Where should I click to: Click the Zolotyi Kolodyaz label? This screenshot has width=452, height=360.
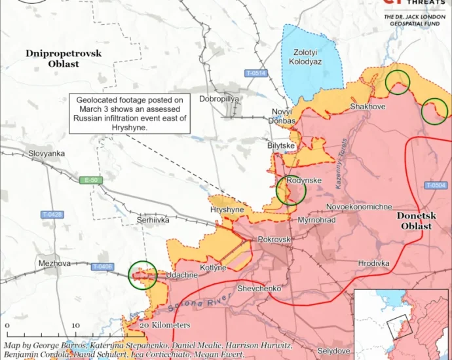[x=305, y=56]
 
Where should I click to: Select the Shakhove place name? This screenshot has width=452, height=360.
[x=367, y=106]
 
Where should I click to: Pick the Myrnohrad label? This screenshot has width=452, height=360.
[x=316, y=220]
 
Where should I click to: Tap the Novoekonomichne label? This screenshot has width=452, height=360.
[x=360, y=207]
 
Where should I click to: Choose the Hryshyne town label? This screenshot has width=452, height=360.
[x=227, y=210]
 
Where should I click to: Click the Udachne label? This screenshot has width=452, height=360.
[x=182, y=276]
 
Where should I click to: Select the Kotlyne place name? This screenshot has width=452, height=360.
[x=214, y=268]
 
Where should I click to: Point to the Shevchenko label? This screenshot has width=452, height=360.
[x=259, y=288]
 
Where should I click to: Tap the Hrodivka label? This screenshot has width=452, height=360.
[x=373, y=263]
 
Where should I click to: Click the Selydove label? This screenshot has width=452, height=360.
[x=333, y=351]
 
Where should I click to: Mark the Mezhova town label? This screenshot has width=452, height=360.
[x=54, y=263]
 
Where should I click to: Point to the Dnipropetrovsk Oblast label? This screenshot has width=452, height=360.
[x=64, y=58]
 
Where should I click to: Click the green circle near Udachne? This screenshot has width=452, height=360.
[x=142, y=275]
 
